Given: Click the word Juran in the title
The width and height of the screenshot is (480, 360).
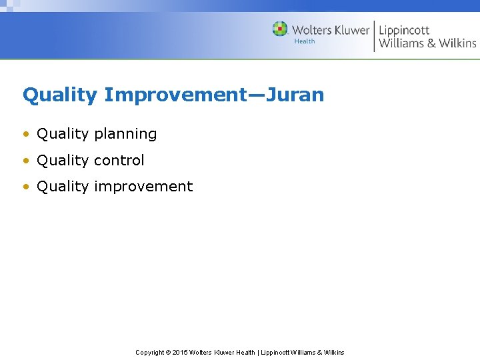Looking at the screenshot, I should [295, 95].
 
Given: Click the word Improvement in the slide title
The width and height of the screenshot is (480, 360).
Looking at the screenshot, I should [176, 95].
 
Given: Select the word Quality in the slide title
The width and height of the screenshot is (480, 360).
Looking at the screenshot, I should [60, 95].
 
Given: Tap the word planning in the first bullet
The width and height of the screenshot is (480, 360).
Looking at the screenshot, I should [125, 134].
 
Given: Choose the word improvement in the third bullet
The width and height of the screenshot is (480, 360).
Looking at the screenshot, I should [143, 187].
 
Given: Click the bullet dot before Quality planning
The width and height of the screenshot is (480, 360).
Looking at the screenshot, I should [26, 134].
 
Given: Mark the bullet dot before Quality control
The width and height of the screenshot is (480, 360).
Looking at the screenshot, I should [26, 161].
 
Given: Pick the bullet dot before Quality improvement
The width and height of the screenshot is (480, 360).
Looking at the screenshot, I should [26, 187].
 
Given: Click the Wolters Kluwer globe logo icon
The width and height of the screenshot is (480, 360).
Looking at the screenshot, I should [280, 29].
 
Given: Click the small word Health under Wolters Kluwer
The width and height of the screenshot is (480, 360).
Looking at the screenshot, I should [305, 41].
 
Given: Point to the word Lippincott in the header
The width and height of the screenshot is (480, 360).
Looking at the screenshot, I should [404, 31].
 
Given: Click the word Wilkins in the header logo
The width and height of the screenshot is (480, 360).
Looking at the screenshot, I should [457, 43].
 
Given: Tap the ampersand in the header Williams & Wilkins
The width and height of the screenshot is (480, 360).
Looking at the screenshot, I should [431, 43].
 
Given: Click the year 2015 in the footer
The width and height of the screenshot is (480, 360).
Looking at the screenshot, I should [180, 353].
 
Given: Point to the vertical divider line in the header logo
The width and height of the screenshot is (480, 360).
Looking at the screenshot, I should [374, 36].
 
